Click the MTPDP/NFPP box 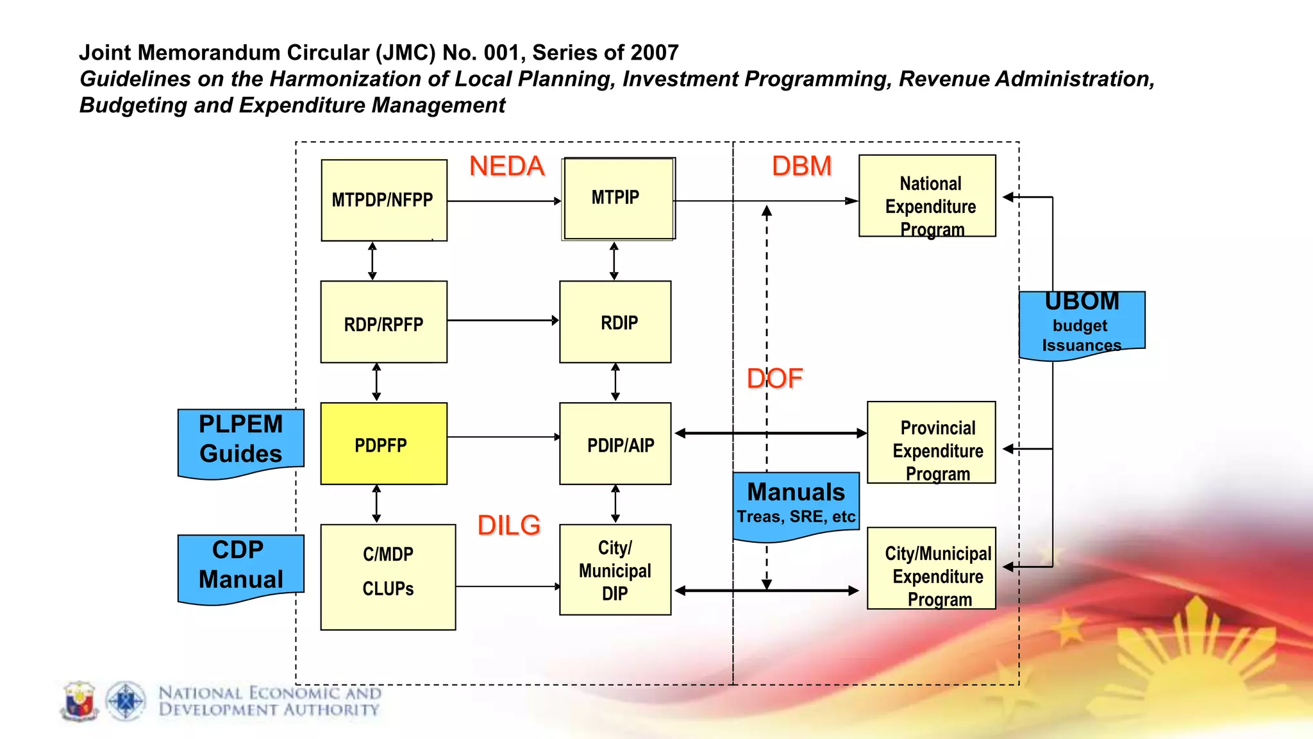[383, 200]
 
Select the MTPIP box [618, 198]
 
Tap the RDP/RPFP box [383, 322]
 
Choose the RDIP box [615, 322]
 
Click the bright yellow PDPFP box [383, 444]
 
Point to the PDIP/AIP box [615, 444]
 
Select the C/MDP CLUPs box [388, 577]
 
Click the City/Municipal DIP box [615, 570]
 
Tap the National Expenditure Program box [927, 196]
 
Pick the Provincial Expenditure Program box [931, 443]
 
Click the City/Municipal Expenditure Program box [931, 568]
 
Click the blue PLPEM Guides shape [240, 441]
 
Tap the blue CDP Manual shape [240, 566]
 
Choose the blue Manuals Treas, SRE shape [796, 504]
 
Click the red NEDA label [506, 167]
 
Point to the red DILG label [509, 526]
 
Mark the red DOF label [774, 379]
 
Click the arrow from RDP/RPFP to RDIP [503, 320]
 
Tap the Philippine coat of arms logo [79, 701]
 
